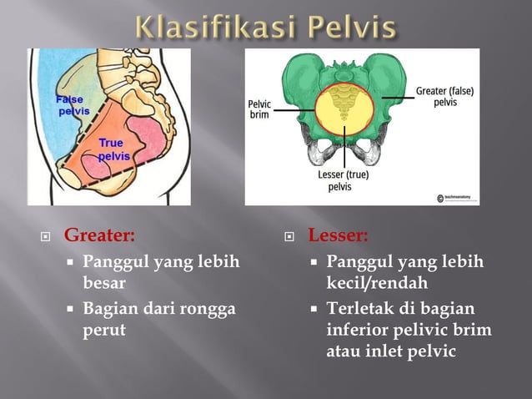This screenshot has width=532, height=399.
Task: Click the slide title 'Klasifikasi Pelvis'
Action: (266, 28)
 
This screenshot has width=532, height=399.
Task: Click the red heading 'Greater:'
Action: (99, 235)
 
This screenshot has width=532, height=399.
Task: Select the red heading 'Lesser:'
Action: (338, 235)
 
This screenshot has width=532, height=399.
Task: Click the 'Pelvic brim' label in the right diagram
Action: (259, 109)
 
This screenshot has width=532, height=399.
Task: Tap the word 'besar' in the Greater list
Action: (105, 282)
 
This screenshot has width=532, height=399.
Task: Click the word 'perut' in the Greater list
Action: (104, 329)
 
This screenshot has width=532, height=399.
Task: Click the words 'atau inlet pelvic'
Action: (390, 351)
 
